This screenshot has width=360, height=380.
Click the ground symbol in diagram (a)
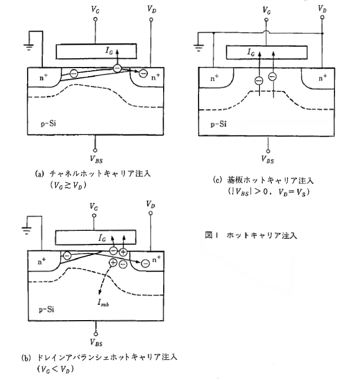(29, 47)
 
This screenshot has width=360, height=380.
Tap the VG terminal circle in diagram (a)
(95, 19)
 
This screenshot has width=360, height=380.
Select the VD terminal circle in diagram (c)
(322, 17)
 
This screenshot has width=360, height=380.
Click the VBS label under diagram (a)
(96, 160)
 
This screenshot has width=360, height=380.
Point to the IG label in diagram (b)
(102, 238)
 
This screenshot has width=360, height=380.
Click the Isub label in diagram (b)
(103, 303)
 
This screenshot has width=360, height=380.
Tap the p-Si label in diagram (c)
(219, 124)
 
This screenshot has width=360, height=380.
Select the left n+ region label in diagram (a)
(44, 77)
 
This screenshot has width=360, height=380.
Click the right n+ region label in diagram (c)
(322, 78)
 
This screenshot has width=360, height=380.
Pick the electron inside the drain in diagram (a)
(144, 73)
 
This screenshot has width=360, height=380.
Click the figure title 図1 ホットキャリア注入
(251, 235)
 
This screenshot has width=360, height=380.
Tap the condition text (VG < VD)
(55, 369)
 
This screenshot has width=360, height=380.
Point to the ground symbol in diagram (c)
(198, 48)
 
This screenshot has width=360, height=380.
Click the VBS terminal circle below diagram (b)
(96, 334)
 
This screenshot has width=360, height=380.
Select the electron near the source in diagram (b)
(67, 255)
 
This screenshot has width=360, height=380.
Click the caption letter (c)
(217, 180)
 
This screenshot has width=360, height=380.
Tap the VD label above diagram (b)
(151, 204)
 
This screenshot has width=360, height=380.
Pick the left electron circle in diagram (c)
(259, 81)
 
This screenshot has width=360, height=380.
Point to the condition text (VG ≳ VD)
(68, 186)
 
